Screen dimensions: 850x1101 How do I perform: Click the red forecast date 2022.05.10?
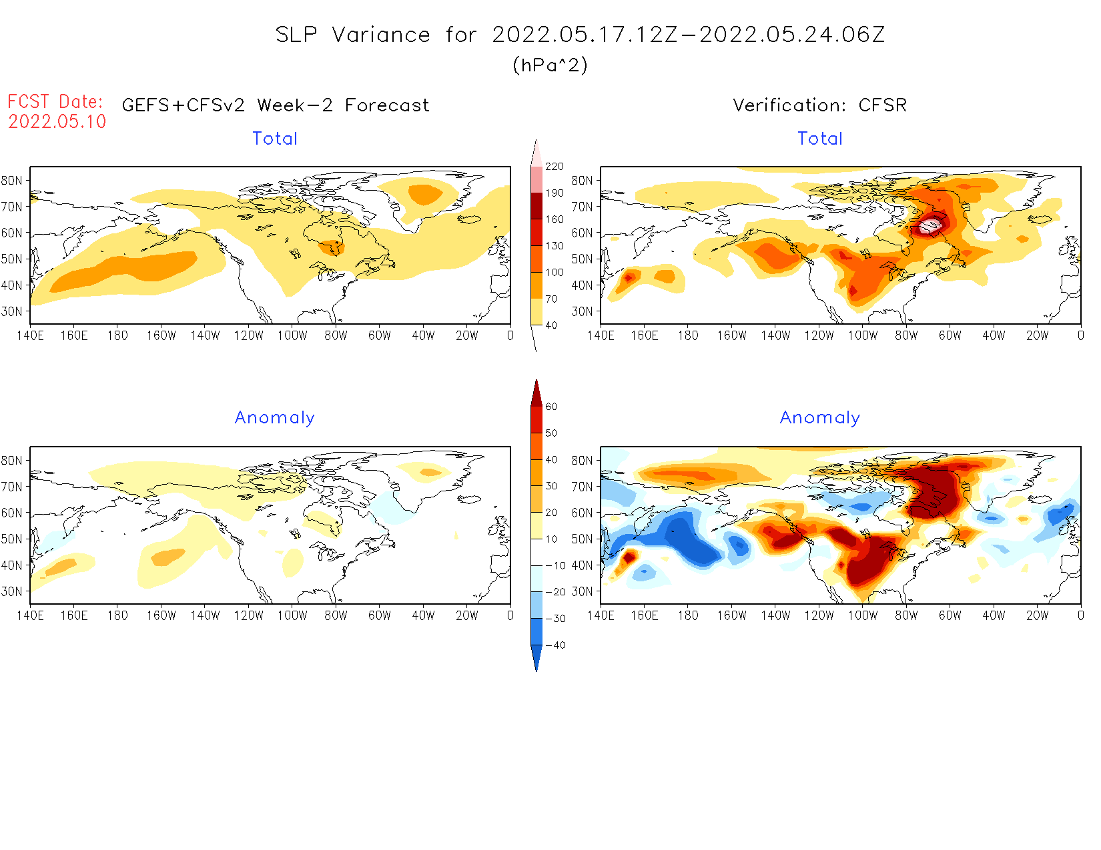coord(57,121)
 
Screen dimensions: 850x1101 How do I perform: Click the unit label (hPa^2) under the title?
coord(550,65)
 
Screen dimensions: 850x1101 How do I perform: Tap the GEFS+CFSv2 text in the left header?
coord(183,105)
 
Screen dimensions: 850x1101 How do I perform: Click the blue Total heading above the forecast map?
coord(275,139)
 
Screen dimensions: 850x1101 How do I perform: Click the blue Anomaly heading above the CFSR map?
coord(820,417)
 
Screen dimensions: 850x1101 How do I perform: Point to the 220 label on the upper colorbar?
coord(555,167)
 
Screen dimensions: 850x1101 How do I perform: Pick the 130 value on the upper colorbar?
coord(555,246)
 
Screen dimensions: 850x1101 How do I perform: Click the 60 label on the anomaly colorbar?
coord(551,407)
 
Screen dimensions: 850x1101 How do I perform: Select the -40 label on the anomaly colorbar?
coord(555,645)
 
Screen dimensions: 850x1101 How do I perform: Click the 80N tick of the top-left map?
coord(11,181)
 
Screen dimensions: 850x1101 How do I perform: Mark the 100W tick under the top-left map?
coord(292,336)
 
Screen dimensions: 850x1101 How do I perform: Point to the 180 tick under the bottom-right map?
coord(688,616)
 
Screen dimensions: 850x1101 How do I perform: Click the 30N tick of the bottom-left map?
coord(11,591)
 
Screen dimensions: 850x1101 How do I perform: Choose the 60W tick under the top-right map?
coord(950,336)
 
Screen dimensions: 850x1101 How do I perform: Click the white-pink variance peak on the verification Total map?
coord(929,226)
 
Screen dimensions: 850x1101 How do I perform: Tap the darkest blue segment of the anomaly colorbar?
coord(536,657)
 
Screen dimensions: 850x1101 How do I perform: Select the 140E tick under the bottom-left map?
coord(30,616)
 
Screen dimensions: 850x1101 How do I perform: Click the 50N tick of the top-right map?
coord(582,259)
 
